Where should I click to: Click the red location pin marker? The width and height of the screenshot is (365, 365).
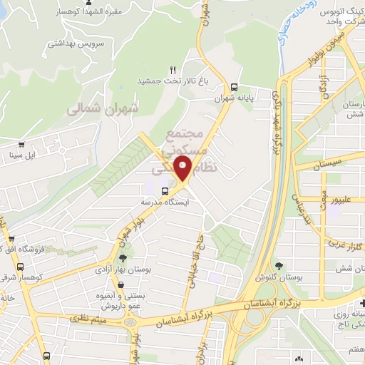(x=183, y=168)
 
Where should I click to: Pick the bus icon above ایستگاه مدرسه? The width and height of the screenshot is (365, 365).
(x=165, y=191)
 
